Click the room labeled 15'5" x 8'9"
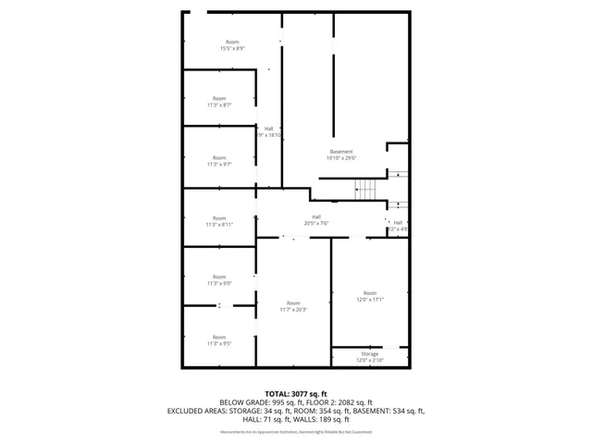click(232, 45)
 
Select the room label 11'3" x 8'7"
click(219, 102)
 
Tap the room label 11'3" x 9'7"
click(219, 161)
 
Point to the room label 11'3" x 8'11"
click(219, 221)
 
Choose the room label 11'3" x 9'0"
click(219, 279)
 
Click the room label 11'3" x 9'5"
click(219, 340)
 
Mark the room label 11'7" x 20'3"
click(293, 306)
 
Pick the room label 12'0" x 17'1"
click(370, 296)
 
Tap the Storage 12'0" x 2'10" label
click(370, 357)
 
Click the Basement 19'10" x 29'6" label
click(341, 154)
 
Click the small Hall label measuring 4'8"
click(398, 225)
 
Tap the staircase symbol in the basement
click(366, 189)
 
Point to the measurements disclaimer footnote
click(296, 432)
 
